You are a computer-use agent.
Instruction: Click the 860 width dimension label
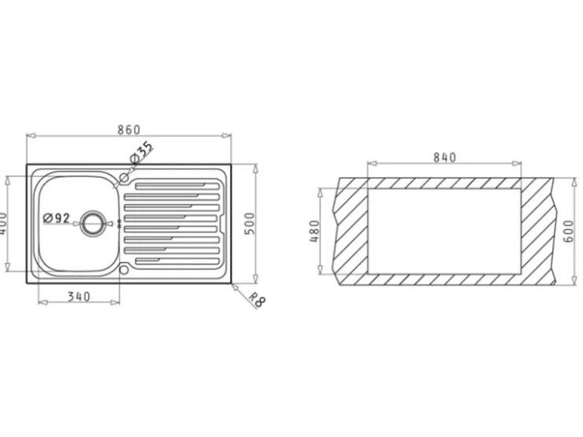click(x=128, y=129)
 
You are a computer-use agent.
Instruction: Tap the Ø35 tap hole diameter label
click(x=142, y=152)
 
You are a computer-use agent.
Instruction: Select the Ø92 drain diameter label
click(x=57, y=218)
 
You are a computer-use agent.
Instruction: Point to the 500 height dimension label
click(x=250, y=224)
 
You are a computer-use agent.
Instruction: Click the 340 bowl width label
click(x=79, y=297)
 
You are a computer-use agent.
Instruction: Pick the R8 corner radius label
click(x=257, y=299)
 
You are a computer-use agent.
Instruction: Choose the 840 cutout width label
click(x=444, y=157)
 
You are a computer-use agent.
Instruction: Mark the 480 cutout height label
click(x=314, y=231)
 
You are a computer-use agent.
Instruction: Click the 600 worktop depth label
click(x=569, y=231)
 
